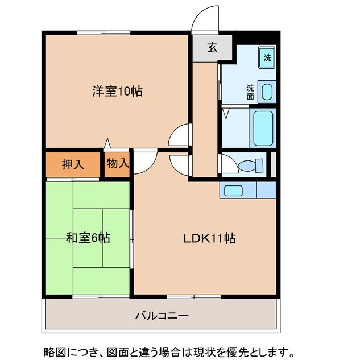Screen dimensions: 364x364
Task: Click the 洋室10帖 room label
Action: (117, 90)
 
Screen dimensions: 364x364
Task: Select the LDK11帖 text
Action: (209, 238)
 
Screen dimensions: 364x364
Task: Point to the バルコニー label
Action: (162, 315)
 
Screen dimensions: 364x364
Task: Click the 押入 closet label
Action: (73, 164)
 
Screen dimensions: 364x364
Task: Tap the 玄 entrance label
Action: (212, 48)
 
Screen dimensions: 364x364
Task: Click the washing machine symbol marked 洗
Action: (267, 57)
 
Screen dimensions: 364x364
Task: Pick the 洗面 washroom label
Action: (250, 92)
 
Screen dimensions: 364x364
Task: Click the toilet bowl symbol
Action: (251, 166)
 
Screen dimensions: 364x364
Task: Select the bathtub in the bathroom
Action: (262, 129)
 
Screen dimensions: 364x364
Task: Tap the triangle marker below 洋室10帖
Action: (106, 144)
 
